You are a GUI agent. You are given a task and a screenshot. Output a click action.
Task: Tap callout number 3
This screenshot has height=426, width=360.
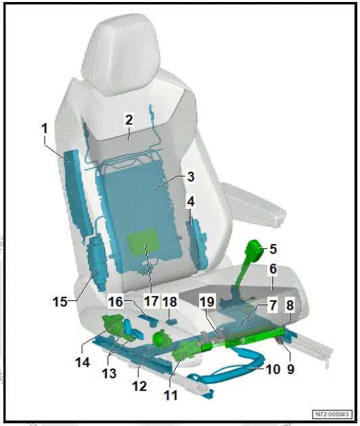(x=191, y=178)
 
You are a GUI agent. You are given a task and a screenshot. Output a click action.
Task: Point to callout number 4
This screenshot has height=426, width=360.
(x=191, y=202)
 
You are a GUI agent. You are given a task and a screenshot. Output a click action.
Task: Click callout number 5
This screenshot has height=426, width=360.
(x=273, y=249)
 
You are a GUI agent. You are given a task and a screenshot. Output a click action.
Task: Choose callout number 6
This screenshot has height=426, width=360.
(x=273, y=268)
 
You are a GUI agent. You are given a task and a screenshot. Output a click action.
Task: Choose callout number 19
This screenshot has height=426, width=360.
(x=208, y=300)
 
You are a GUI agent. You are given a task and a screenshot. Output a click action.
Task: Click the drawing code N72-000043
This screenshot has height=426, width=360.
(x=334, y=415)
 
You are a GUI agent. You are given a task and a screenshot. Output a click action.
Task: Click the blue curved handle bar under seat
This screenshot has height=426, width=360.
(x=230, y=371)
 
